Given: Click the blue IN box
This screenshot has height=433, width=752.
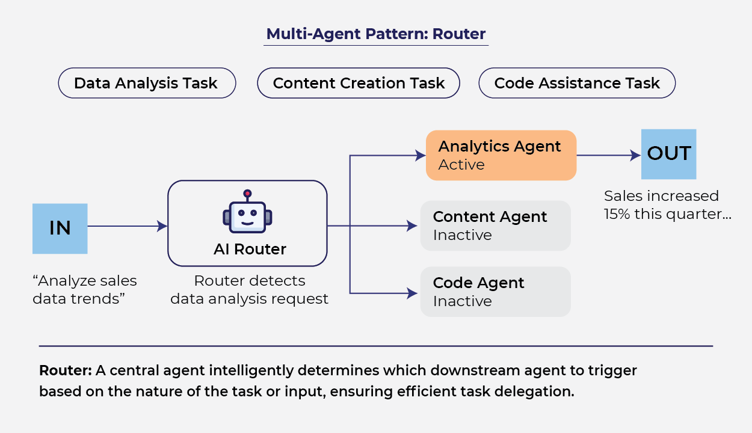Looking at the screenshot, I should [x=60, y=229].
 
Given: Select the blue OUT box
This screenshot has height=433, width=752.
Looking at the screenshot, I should [x=668, y=154].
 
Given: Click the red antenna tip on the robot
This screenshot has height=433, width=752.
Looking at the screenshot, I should [x=247, y=194].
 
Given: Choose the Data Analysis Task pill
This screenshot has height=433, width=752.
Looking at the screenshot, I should [x=147, y=83].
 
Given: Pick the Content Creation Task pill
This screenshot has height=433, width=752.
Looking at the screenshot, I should [x=359, y=83].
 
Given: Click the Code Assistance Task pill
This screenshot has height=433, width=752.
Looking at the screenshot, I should [x=577, y=83].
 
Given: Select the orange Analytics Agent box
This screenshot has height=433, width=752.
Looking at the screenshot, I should [x=501, y=155].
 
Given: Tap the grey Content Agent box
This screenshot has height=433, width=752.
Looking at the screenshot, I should [x=495, y=226].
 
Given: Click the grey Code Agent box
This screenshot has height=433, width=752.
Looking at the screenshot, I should [x=495, y=292].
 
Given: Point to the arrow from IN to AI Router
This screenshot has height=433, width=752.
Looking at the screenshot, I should [x=127, y=226].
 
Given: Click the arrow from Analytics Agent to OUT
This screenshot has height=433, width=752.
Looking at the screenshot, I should [x=608, y=155].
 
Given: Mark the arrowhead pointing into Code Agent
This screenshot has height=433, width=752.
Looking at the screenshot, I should [x=413, y=293].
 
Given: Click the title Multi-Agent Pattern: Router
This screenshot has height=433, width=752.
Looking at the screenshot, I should [x=376, y=34].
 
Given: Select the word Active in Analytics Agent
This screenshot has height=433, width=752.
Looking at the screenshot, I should [x=461, y=165].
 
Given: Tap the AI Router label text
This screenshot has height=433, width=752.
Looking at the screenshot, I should [x=250, y=249].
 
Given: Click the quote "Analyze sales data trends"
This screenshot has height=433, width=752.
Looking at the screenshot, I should [x=85, y=289].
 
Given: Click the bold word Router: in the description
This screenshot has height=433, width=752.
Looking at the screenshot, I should [x=65, y=370].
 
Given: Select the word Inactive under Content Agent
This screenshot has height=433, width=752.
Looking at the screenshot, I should [x=462, y=235].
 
